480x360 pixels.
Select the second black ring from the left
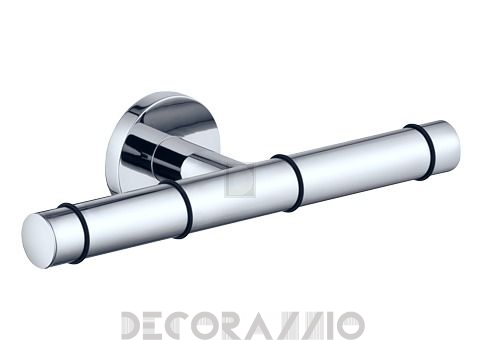click(x=184, y=209)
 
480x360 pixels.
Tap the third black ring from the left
click(x=289, y=183)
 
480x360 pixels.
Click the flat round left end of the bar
click(x=38, y=236)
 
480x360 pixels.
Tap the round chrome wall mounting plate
click(x=147, y=133)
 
